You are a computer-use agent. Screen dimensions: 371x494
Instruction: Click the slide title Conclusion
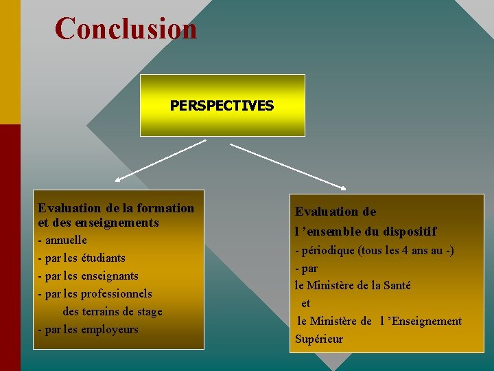click(x=126, y=29)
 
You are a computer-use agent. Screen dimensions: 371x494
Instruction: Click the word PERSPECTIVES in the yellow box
click(x=222, y=106)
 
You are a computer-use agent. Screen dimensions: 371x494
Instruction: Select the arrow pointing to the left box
click(x=161, y=160)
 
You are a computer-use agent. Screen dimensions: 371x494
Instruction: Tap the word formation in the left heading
click(x=165, y=208)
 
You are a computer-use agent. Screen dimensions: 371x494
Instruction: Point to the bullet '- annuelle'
click(x=62, y=240)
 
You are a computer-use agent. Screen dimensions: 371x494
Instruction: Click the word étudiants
click(x=103, y=258)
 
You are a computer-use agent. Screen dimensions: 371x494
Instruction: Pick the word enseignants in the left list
click(x=110, y=276)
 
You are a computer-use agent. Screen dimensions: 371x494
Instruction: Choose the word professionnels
click(x=117, y=294)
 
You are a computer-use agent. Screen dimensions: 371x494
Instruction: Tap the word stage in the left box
click(x=149, y=312)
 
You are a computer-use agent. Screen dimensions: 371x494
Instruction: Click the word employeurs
click(x=110, y=330)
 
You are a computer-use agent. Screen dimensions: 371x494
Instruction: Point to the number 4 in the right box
click(x=411, y=251)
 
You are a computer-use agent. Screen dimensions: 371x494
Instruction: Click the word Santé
click(x=397, y=285)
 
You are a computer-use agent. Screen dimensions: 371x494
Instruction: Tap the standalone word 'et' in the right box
click(x=305, y=303)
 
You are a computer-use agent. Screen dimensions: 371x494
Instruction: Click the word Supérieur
click(x=319, y=339)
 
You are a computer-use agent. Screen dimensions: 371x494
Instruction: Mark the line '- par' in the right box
click(x=306, y=269)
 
